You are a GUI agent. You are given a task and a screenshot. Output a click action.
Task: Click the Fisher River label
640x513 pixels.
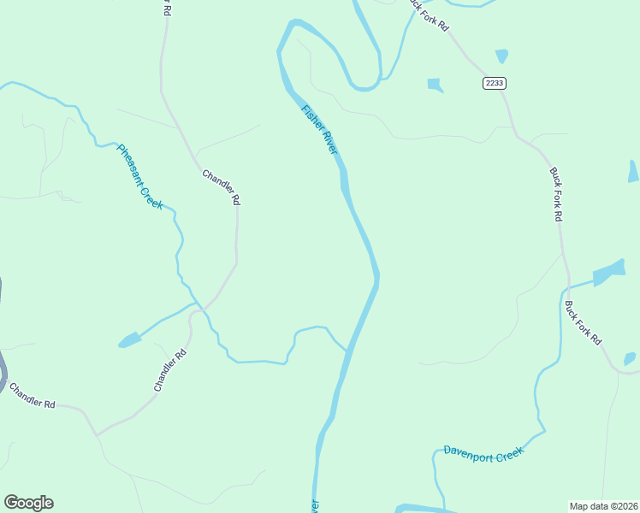coord(320,129)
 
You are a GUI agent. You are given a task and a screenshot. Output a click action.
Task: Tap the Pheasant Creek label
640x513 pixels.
coord(139,176)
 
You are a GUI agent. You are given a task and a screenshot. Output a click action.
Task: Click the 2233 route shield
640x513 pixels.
coord(494,82)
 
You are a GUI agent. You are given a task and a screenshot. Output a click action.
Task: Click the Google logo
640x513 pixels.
coord(28,503)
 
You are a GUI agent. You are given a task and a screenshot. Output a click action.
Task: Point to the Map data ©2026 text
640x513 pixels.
coord(604,505)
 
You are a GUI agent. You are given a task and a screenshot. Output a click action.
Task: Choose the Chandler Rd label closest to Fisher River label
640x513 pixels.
coord(221,187)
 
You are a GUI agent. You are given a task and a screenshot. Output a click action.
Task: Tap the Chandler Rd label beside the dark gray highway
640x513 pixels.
coord(33,395)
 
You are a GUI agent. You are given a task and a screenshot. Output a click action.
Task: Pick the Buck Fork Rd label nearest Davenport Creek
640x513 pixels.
coord(583,322)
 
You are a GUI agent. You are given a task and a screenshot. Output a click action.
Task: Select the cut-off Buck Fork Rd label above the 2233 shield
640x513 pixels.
coord(428,15)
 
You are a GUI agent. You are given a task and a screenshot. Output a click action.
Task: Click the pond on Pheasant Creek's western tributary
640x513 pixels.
coord(129,340)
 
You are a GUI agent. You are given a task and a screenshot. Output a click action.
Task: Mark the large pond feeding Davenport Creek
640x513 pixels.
coord(609,272)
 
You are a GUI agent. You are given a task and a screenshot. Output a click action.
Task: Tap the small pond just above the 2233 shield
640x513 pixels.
coord(501,56)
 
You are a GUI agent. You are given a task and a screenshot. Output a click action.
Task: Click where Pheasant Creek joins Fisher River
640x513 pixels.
coord(347,349)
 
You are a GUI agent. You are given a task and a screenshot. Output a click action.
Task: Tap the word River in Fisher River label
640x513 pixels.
coord(330,143)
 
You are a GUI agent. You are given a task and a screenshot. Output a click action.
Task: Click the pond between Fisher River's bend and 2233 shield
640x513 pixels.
coord(436,85)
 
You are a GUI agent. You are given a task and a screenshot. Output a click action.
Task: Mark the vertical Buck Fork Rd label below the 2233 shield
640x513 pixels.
coord(555,194)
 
